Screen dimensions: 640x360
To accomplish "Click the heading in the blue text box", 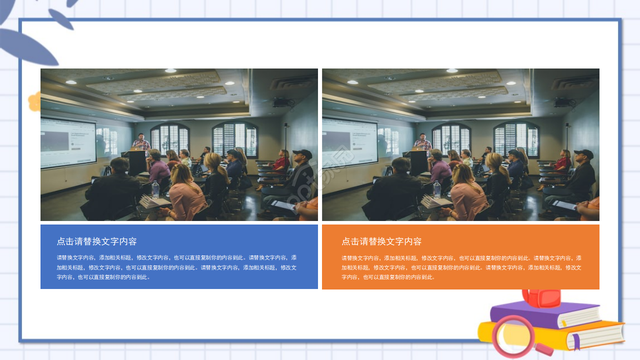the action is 96,241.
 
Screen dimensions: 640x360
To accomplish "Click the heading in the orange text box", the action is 381,241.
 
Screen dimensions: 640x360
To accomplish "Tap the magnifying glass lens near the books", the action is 513,336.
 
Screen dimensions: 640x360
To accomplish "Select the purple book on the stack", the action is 545,315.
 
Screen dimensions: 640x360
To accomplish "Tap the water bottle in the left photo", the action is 155,189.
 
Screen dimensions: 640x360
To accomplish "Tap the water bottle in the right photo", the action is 436,189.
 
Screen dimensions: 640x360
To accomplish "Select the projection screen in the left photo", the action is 68,143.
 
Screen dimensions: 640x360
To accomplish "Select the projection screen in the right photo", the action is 349,143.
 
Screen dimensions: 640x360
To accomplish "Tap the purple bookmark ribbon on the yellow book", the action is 575,341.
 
